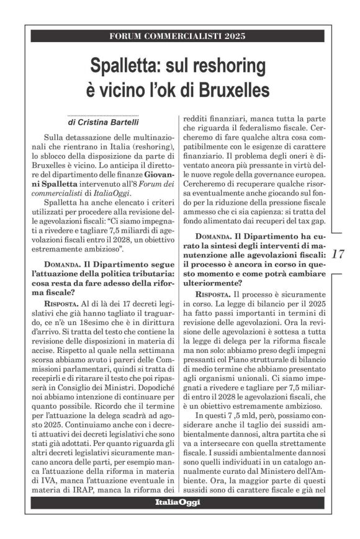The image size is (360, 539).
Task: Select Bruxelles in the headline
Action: coord(234,89)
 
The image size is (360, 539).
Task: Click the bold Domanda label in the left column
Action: coord(63,265)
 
